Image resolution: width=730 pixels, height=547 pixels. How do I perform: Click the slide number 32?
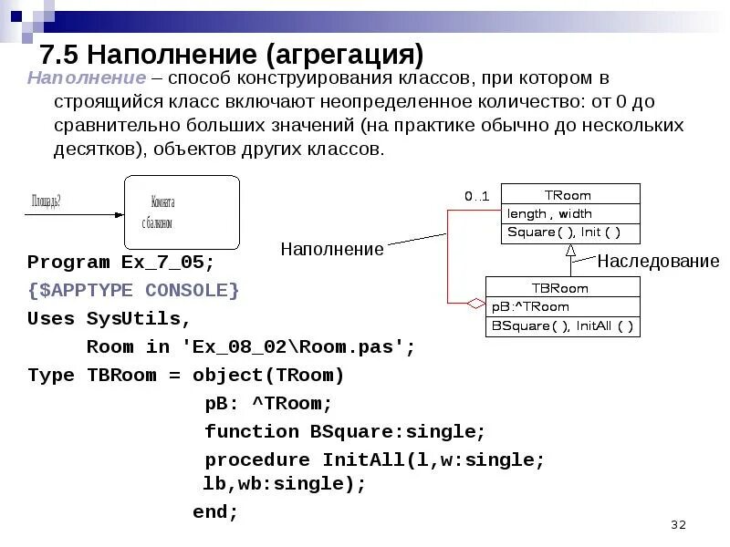tap(677, 524)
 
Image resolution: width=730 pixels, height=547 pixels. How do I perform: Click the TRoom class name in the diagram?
tap(568, 194)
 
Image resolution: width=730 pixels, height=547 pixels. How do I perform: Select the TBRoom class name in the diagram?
tap(562, 288)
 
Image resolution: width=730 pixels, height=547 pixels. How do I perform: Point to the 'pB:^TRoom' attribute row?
tap(530, 306)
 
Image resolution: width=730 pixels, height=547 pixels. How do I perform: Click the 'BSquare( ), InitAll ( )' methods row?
tap(562, 325)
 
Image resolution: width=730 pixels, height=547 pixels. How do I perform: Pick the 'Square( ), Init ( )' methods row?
tap(563, 232)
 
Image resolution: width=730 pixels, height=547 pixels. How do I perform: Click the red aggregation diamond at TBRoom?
tap(475, 302)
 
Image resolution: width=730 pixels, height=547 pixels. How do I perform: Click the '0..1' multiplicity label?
tap(476, 196)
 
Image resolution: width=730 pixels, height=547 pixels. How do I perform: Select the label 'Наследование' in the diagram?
tap(658, 262)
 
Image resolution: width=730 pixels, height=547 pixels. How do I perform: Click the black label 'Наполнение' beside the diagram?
tap(332, 248)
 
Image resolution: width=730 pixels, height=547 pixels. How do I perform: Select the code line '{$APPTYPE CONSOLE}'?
tap(133, 290)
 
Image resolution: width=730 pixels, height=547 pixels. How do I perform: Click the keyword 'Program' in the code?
tap(68, 263)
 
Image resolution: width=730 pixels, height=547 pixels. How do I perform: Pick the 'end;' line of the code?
tap(215, 512)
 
